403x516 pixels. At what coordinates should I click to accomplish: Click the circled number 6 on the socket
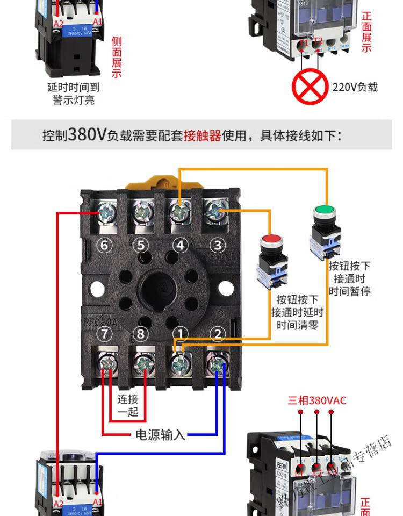click(104, 246)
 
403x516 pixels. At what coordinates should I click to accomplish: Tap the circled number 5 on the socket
click(141, 246)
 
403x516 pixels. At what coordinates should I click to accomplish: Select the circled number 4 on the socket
click(181, 246)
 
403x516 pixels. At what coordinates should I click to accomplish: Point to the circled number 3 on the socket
click(218, 246)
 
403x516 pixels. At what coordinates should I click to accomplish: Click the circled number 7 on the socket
click(104, 334)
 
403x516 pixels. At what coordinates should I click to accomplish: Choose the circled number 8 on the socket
click(141, 334)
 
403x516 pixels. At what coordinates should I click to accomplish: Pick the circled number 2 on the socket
click(218, 334)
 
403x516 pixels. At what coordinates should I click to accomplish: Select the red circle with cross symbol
click(310, 86)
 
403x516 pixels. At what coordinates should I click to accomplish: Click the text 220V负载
click(355, 87)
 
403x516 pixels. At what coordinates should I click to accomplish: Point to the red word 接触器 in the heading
click(202, 135)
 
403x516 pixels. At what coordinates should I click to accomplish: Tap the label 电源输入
click(160, 434)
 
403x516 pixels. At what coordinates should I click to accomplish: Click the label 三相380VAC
click(317, 400)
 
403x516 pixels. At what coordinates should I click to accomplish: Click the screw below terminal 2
click(217, 366)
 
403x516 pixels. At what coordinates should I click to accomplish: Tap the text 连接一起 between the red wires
click(128, 405)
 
